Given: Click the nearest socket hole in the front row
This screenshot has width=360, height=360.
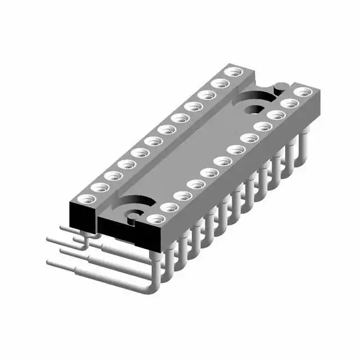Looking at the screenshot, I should coord(154,218).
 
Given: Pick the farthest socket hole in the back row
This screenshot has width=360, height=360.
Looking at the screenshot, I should coord(232,72).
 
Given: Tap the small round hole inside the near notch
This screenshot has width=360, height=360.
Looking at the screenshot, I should coord(133,213).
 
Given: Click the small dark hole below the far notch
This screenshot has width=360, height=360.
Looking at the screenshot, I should coord(256,110).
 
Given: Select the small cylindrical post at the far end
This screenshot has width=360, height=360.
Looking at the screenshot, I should coord(277,87).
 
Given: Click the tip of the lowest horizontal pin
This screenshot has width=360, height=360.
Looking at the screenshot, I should coord(50,263).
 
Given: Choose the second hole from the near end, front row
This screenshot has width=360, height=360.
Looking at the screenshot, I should coord(167,207).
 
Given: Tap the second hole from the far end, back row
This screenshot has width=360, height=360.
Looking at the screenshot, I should coord(220,83).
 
